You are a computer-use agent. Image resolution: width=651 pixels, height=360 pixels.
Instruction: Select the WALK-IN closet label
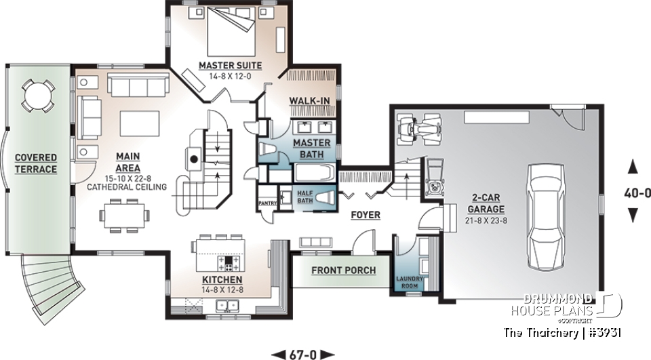(x=309, y=101)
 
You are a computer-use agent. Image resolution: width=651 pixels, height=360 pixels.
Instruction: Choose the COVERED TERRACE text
(x=36, y=163)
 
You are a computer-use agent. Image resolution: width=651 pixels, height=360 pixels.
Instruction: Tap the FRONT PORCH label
(x=343, y=271)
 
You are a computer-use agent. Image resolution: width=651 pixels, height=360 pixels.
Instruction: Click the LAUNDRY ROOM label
(x=410, y=281)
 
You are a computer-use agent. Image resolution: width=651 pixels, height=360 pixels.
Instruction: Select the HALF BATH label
(x=305, y=197)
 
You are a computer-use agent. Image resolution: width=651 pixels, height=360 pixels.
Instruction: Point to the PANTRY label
(x=264, y=203)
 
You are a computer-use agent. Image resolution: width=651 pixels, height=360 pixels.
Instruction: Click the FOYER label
(x=366, y=215)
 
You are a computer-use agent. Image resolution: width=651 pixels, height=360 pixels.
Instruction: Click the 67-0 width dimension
(x=303, y=353)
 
